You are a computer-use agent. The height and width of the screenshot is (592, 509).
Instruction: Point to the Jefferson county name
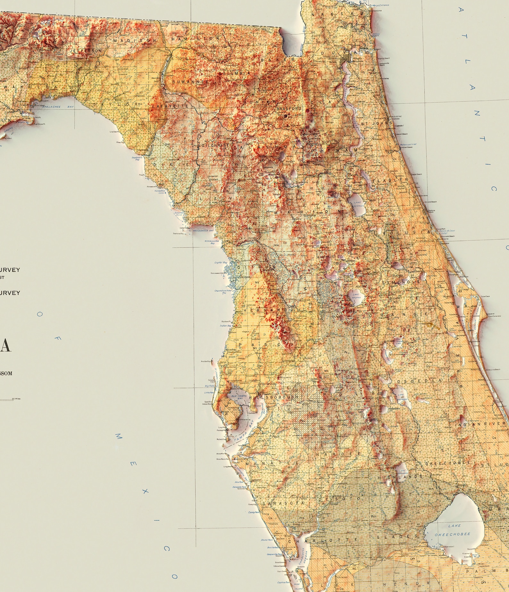86,51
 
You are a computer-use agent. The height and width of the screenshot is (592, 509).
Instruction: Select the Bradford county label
289,109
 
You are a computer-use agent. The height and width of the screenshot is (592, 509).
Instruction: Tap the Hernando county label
269,310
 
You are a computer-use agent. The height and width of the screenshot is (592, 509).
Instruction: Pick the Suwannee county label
190,82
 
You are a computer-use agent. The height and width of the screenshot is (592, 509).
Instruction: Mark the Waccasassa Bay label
203,230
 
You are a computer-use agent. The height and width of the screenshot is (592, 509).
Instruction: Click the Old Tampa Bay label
238,397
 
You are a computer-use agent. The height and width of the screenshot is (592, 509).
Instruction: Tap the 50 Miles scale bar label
16,399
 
